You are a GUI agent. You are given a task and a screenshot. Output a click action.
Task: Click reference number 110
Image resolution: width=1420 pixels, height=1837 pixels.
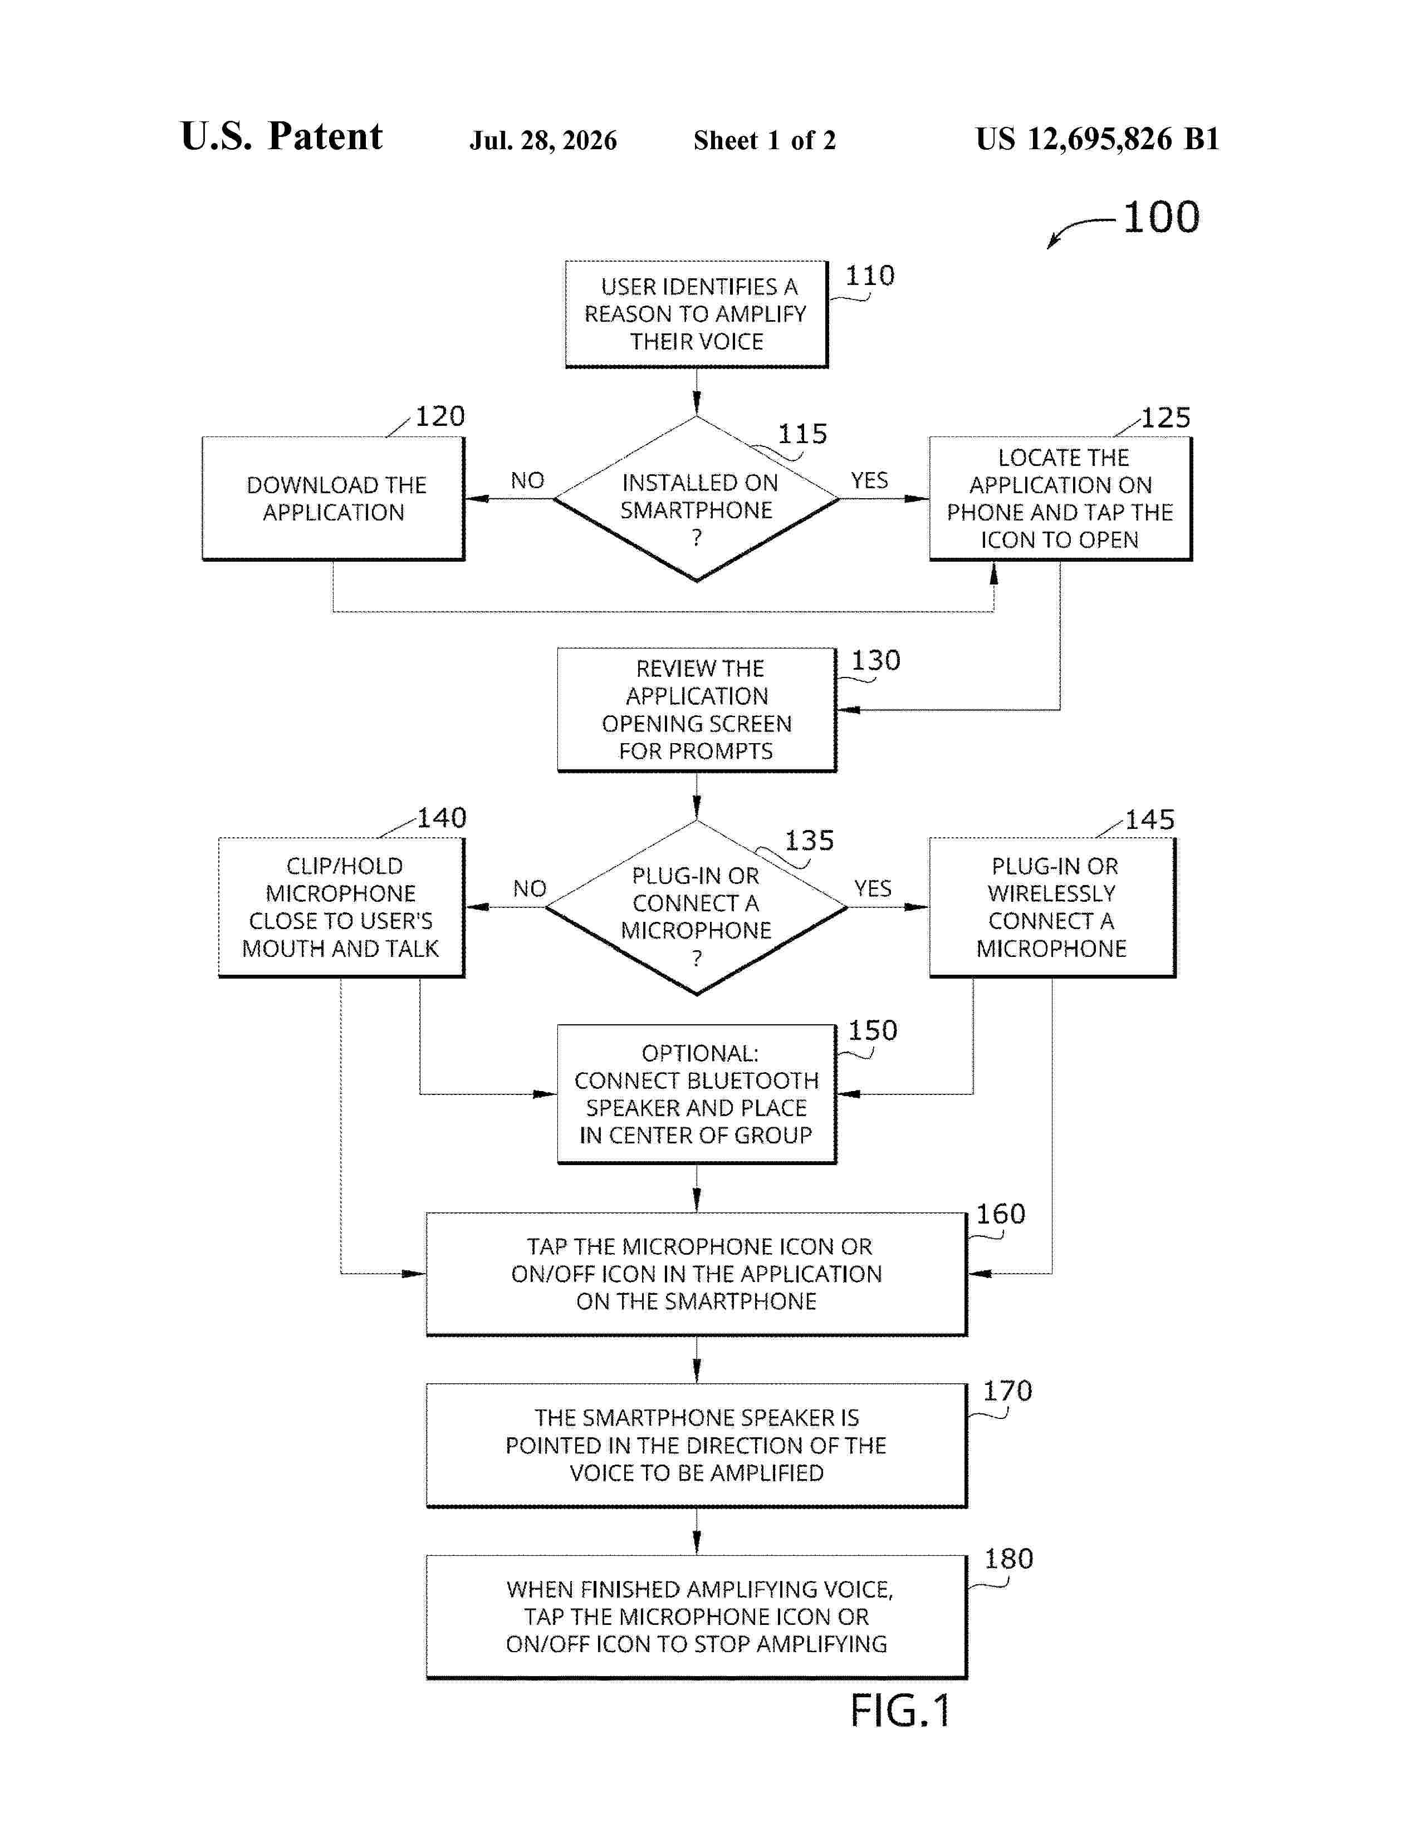click(x=870, y=276)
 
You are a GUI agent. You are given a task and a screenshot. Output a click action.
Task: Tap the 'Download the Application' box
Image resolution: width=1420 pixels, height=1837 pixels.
click(x=333, y=499)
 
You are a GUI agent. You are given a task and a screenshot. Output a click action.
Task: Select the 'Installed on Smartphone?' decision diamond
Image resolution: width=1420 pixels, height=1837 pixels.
click(x=697, y=499)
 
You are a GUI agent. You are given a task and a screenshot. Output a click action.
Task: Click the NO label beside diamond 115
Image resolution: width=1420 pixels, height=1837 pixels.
click(x=527, y=480)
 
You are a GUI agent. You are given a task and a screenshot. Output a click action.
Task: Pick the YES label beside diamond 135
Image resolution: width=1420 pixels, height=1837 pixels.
click(x=873, y=888)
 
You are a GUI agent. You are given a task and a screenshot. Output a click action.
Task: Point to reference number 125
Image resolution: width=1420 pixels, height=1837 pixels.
click(x=1166, y=418)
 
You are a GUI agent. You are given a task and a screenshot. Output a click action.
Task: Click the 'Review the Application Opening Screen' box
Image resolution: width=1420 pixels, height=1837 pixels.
click(x=697, y=709)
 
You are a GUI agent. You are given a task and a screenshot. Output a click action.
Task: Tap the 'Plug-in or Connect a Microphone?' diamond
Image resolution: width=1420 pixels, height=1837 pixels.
click(x=697, y=907)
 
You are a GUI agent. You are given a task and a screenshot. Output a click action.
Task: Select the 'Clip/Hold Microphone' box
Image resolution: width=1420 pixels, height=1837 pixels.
click(x=341, y=907)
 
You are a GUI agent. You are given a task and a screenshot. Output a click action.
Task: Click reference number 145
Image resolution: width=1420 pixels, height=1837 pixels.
click(x=1150, y=819)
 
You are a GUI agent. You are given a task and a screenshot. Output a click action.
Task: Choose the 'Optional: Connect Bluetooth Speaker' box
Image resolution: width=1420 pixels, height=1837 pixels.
click(x=697, y=1094)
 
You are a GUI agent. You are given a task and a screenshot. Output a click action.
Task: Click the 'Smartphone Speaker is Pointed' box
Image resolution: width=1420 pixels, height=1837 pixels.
click(x=697, y=1445)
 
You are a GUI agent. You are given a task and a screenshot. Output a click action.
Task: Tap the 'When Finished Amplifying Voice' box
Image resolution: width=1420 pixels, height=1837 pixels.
click(x=697, y=1617)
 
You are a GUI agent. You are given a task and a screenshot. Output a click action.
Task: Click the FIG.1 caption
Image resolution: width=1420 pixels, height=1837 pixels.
click(x=900, y=1711)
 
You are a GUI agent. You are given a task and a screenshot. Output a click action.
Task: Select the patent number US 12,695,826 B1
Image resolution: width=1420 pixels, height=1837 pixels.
click(x=1097, y=139)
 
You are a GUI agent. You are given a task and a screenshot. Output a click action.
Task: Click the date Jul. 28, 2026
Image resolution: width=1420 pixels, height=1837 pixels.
click(x=543, y=140)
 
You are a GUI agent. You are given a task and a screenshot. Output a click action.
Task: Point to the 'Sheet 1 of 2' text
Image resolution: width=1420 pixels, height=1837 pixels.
click(x=765, y=140)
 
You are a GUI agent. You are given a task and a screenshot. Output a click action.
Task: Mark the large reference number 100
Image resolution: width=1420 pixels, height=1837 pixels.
click(x=1162, y=217)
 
